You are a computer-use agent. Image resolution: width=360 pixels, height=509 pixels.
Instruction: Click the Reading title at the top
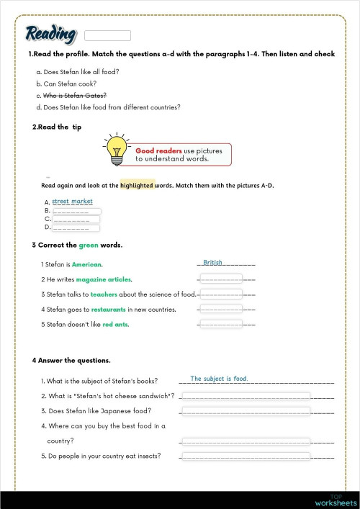pyautogui.click(x=50, y=34)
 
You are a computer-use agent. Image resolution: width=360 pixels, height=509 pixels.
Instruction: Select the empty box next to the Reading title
pyautogui.click(x=108, y=35)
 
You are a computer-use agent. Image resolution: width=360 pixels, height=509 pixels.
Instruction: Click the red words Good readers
pyautogui.click(x=158, y=150)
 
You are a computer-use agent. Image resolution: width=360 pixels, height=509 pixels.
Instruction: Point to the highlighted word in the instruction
pyautogui.click(x=138, y=185)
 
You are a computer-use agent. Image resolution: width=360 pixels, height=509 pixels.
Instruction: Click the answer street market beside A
pyautogui.click(x=73, y=202)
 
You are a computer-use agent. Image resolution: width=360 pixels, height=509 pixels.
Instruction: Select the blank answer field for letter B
pyautogui.click(x=76, y=212)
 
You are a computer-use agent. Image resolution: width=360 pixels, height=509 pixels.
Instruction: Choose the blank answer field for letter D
pyautogui.click(x=76, y=228)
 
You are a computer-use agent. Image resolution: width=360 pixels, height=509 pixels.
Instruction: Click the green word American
pyautogui.click(x=86, y=264)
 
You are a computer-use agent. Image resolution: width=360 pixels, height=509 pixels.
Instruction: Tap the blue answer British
pyautogui.click(x=212, y=263)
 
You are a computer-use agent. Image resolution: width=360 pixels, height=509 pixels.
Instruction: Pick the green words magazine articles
pyautogui.click(x=104, y=279)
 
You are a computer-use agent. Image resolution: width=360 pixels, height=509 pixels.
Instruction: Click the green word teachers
pyautogui.click(x=104, y=294)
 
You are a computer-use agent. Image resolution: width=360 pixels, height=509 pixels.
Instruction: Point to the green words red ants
pyautogui.click(x=116, y=324)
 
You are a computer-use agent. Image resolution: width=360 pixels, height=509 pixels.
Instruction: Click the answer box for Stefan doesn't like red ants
pyautogui.click(x=221, y=324)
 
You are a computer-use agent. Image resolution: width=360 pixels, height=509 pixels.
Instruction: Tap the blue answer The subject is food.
pyautogui.click(x=219, y=379)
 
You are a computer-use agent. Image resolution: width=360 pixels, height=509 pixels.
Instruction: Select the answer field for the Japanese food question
pyautogui.click(x=245, y=411)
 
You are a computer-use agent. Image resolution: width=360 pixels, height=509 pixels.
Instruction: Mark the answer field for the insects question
pyautogui.click(x=245, y=456)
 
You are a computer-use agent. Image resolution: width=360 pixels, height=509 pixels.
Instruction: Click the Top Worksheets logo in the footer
pyautogui.click(x=336, y=500)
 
